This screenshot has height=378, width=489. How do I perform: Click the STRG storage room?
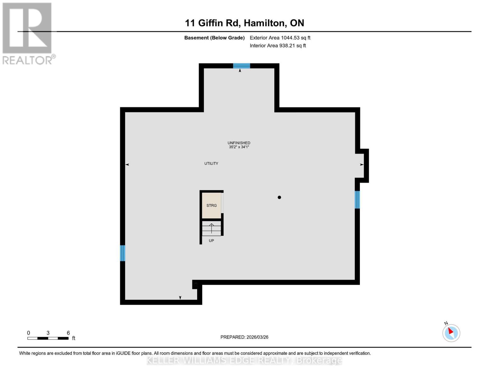[x=211, y=205]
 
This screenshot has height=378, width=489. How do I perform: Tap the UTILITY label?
[x=211, y=163]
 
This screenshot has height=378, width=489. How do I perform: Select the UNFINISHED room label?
[x=239, y=143]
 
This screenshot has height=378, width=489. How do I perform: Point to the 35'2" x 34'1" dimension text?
[x=239, y=147]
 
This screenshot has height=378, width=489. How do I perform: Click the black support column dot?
[x=279, y=198]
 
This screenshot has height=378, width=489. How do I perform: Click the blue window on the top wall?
[x=241, y=66]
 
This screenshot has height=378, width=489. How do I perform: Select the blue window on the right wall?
[x=357, y=200]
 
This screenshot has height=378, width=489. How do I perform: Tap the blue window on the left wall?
[x=122, y=253]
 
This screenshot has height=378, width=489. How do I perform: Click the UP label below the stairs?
[x=211, y=241]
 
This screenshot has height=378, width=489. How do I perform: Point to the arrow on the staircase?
[x=211, y=228]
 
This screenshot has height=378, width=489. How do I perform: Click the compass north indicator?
[x=451, y=333]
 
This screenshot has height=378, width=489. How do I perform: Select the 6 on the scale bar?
[x=68, y=333]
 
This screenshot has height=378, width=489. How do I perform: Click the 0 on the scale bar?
[x=28, y=333]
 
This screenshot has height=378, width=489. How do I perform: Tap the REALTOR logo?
[x=28, y=33]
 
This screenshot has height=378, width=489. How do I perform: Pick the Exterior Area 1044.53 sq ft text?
[x=280, y=38]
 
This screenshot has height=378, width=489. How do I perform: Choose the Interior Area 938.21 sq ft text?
[x=278, y=46]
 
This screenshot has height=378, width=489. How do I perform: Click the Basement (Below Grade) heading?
[x=214, y=38]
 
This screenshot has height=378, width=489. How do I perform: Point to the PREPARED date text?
[x=244, y=337]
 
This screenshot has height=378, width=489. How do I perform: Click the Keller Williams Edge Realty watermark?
[x=244, y=360]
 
